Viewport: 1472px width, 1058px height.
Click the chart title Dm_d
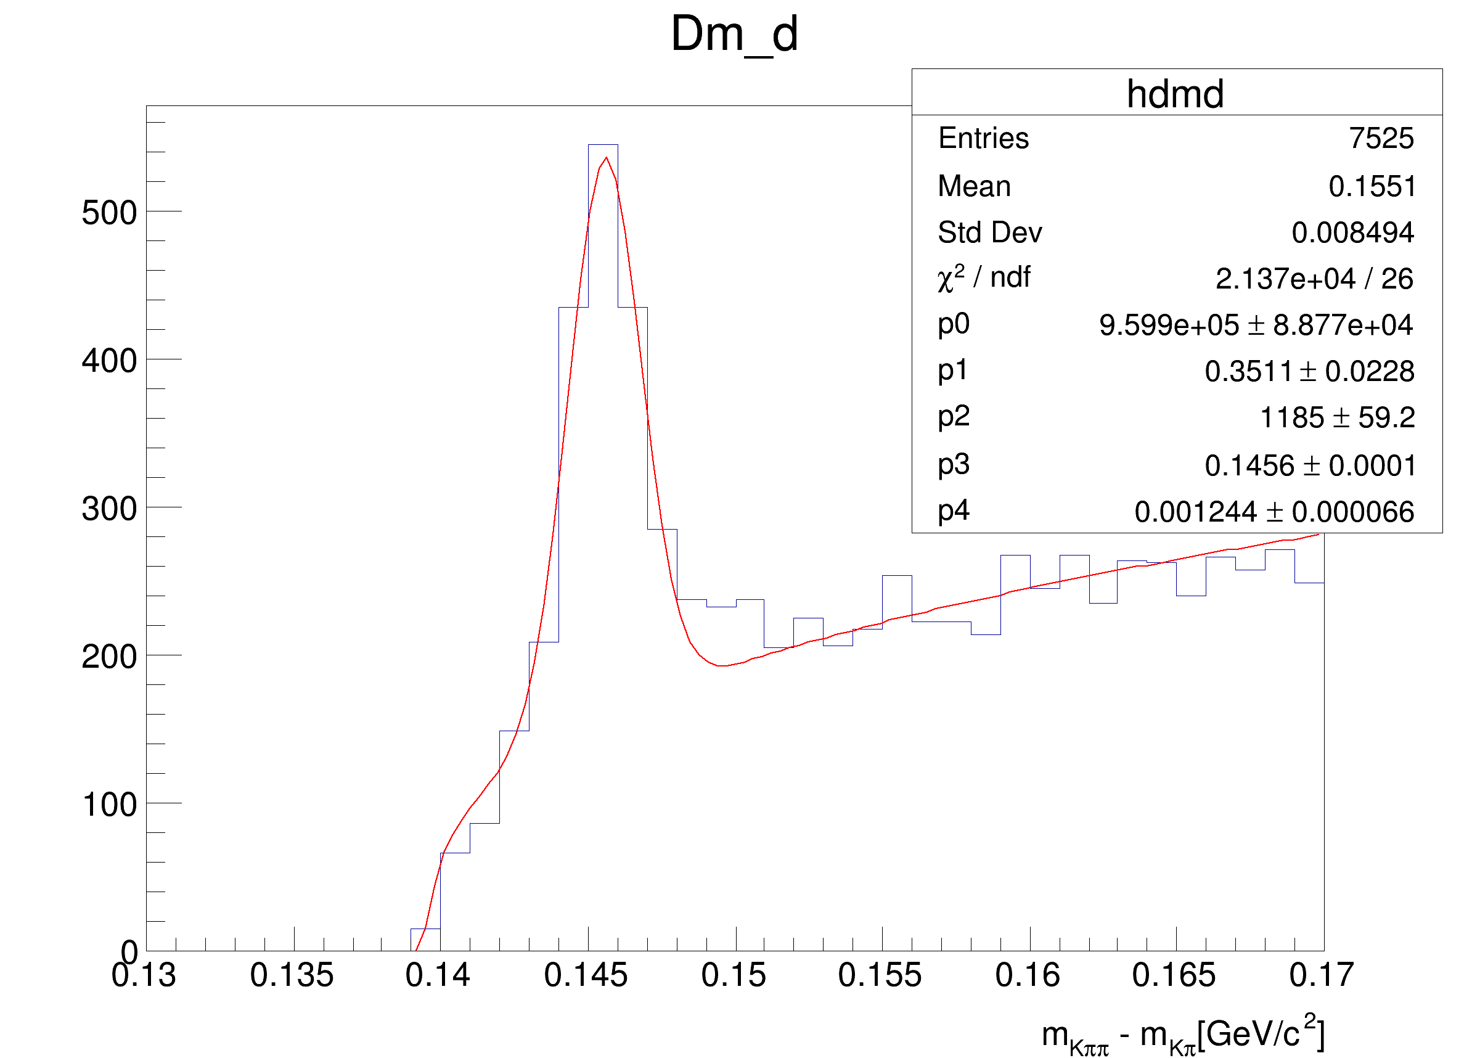click(734, 34)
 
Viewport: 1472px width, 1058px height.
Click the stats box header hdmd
click(1176, 94)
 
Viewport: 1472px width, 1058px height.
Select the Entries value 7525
click(1381, 138)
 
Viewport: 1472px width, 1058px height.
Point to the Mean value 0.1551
click(1372, 186)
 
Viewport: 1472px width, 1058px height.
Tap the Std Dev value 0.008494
click(1352, 232)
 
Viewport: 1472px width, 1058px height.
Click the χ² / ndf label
click(983, 278)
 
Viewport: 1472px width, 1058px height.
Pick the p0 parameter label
click(954, 324)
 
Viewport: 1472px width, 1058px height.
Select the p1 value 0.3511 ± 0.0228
click(1309, 371)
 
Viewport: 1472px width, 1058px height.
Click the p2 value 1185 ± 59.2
click(1337, 417)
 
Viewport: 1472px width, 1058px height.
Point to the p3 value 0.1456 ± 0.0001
click(1310, 465)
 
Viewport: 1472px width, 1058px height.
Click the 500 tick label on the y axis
click(109, 213)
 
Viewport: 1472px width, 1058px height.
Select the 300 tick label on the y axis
click(109, 509)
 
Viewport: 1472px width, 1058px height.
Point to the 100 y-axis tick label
click(109, 805)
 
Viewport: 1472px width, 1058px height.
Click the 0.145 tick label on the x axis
click(586, 975)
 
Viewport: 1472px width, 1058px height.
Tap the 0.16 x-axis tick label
click(1028, 975)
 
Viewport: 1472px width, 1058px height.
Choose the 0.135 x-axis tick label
click(292, 975)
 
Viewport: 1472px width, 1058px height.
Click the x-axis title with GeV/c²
click(1182, 1034)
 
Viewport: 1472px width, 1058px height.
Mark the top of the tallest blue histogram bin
click(603, 145)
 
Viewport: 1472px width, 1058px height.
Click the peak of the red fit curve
click(606, 158)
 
